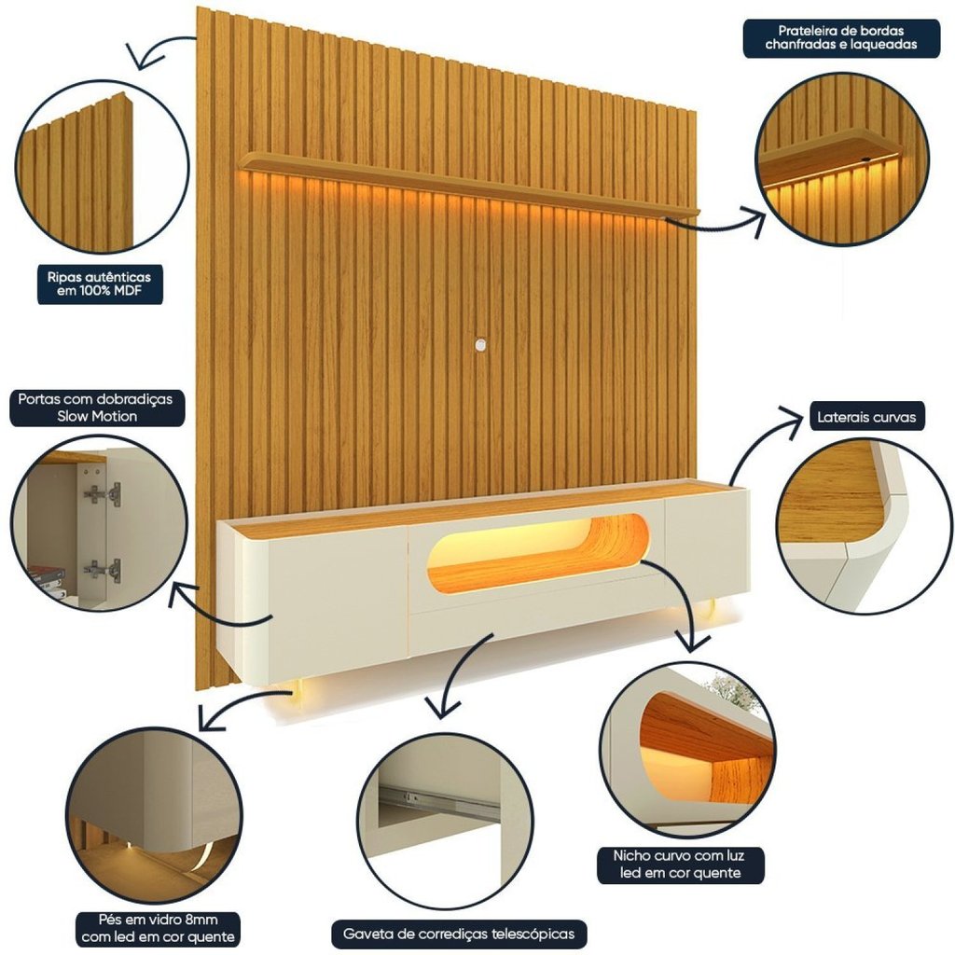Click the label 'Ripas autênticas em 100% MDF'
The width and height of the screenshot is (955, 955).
99,284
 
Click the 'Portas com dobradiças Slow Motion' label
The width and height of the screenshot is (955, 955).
95,408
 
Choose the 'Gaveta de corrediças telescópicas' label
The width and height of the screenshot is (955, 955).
459,933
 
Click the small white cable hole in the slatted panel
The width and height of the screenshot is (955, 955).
480,346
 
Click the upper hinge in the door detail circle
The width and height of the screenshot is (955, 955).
102,494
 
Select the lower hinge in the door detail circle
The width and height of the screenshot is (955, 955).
102,569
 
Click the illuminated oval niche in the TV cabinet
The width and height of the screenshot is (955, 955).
536,552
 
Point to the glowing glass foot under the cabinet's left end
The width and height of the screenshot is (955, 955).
298,691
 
